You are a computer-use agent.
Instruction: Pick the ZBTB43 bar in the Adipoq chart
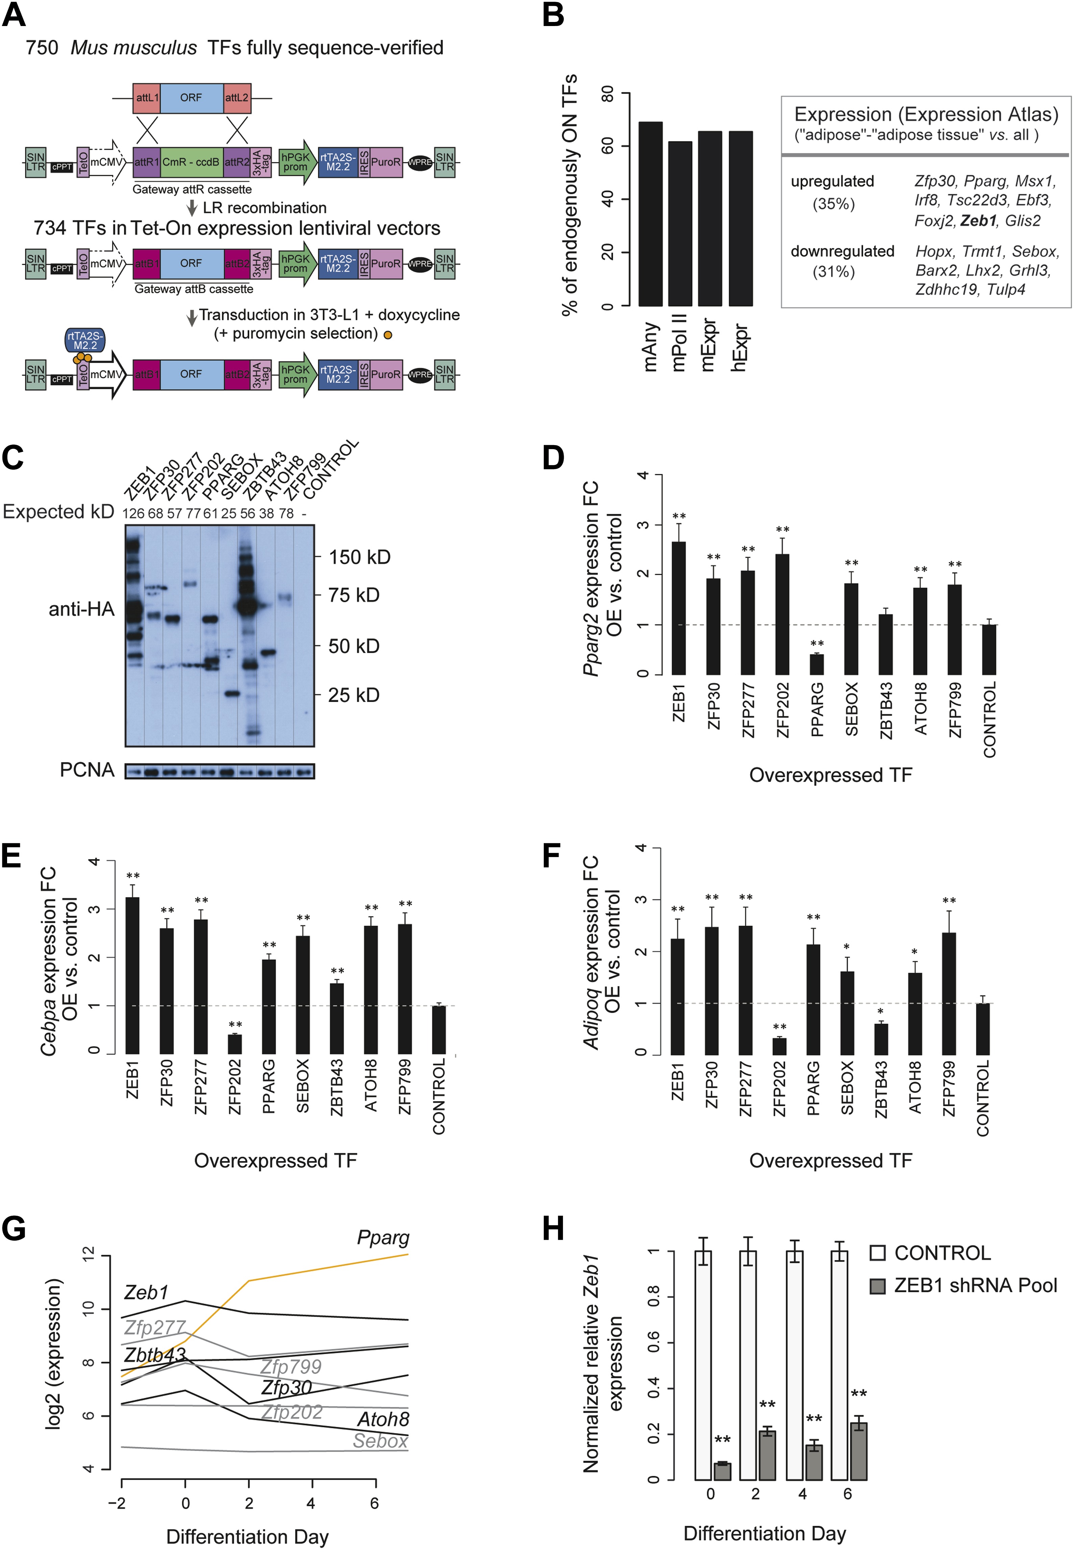click(x=880, y=1039)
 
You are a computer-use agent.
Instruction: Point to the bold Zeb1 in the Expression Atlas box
click(x=978, y=221)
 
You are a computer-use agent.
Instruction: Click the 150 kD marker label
click(x=359, y=557)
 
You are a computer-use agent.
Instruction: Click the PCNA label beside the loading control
click(x=87, y=770)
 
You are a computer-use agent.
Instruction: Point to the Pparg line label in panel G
click(x=383, y=1237)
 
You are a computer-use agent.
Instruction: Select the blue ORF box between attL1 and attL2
click(x=191, y=98)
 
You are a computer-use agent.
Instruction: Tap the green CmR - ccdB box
click(x=191, y=162)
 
